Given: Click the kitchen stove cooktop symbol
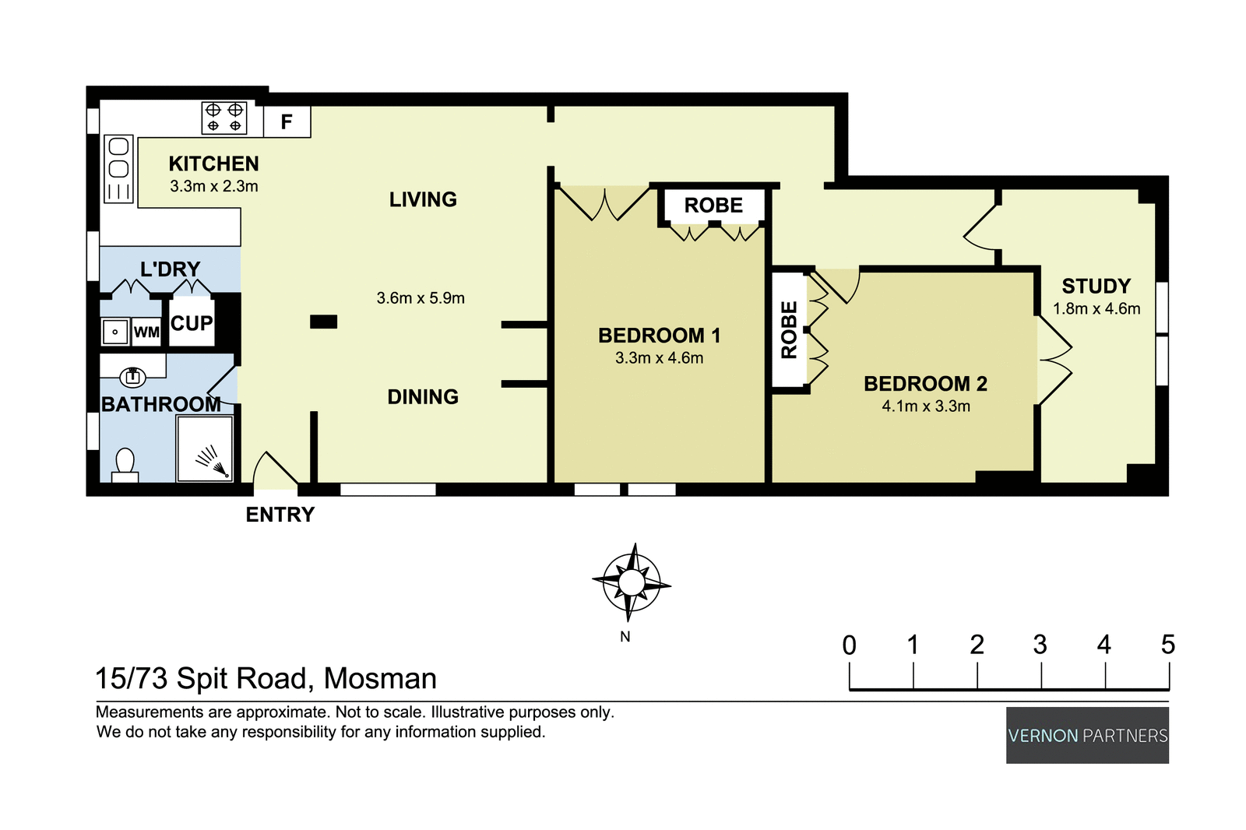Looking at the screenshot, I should click(224, 118).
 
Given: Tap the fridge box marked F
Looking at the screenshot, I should click(287, 122).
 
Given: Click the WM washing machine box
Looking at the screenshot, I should click(146, 332).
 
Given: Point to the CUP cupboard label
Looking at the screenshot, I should click(192, 323).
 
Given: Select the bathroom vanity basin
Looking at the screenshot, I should click(132, 377).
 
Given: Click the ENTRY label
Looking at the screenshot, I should click(280, 515).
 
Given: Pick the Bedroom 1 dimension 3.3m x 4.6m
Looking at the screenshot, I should click(659, 358).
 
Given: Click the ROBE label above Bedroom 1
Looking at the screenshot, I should click(713, 206).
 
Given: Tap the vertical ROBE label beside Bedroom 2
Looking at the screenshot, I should click(789, 329).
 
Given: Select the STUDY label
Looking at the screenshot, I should click(1096, 286).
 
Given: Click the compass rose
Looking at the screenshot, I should click(632, 582).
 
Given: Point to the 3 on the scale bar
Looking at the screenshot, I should click(1040, 645).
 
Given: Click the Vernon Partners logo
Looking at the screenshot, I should click(1087, 735).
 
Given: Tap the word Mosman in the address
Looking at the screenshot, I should click(380, 678).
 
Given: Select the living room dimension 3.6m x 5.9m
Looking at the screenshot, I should click(421, 298).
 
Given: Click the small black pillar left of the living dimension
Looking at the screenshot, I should click(323, 322).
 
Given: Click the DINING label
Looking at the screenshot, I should click(423, 397).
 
